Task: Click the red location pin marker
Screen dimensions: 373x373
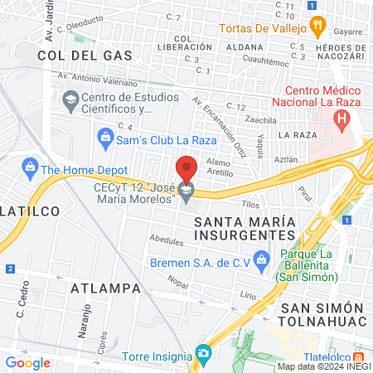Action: [x=186, y=169]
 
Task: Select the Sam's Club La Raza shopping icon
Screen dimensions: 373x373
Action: [x=104, y=135]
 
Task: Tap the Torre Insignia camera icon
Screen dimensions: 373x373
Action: [x=202, y=355]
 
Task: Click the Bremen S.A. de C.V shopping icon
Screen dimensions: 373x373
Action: [x=261, y=262]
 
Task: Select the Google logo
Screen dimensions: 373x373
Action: [x=27, y=362]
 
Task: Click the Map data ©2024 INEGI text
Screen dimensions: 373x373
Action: [x=323, y=366]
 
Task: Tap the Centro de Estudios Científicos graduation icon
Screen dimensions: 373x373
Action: [x=70, y=101]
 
